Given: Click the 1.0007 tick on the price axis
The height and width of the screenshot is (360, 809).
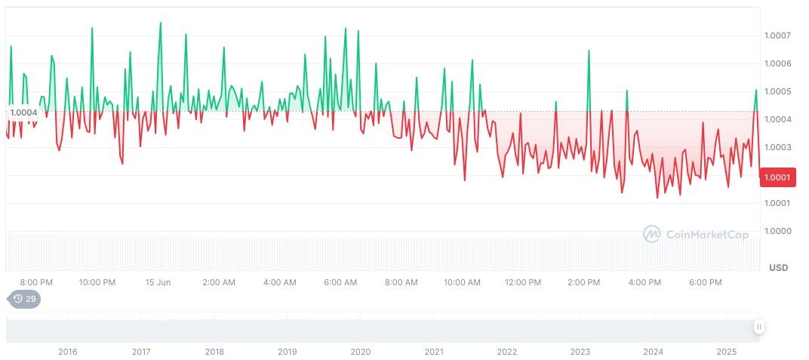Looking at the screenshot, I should tap(777, 35).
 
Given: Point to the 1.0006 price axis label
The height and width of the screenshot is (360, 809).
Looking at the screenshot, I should tap(777, 63).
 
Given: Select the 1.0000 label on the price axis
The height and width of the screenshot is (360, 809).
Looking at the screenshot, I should tap(777, 231).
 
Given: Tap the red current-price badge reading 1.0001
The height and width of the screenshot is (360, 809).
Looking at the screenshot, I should tap(777, 177).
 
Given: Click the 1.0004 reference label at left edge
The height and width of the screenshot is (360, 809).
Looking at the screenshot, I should tap(23, 112).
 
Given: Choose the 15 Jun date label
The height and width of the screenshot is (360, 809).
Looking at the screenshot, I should tap(158, 282).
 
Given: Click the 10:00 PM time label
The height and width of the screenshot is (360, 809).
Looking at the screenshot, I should tap(97, 282).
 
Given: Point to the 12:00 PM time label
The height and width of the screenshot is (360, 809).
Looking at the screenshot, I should tap(523, 282).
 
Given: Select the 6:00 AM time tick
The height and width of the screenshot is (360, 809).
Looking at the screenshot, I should tap(340, 282).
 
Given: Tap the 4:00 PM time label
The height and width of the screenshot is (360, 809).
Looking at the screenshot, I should tap(644, 282).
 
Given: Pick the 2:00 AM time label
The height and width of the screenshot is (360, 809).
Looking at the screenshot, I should tap(219, 282).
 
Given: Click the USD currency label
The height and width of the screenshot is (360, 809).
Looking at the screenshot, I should tap(778, 268).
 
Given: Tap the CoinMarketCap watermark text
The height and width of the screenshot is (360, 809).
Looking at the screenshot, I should tap(707, 235).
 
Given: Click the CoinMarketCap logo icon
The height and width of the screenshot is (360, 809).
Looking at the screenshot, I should tap(651, 235).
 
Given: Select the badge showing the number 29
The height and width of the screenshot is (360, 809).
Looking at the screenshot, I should tap(25, 299).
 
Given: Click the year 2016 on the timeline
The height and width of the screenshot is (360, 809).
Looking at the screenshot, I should tap(68, 352).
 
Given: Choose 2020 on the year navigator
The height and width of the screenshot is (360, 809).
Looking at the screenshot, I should tap(361, 352).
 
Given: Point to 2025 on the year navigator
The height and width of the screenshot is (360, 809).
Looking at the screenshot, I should tap(726, 352).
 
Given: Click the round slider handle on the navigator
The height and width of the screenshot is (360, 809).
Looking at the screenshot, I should tap(759, 327).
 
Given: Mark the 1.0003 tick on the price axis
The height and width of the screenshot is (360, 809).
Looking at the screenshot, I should tap(777, 147).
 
